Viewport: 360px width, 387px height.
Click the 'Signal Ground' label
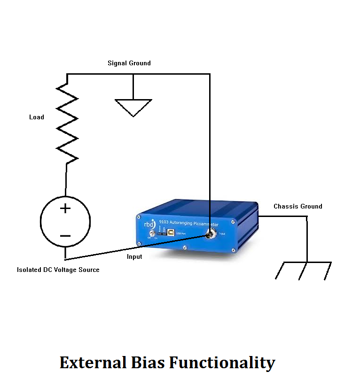pyautogui.click(x=129, y=63)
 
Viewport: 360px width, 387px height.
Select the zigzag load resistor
pyautogui.click(x=67, y=124)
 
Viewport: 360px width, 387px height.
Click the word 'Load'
pyautogui.click(x=37, y=117)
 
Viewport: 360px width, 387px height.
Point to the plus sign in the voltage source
pyautogui.click(x=65, y=209)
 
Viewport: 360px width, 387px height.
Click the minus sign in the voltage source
pyautogui.click(x=65, y=236)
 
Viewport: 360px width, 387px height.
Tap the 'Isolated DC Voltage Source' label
pyautogui.click(x=58, y=270)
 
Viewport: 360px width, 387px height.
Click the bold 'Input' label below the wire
pyautogui.click(x=134, y=257)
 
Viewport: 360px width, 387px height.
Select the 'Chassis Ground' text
pyautogui.click(x=298, y=206)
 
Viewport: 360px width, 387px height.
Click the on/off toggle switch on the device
pyautogui.click(x=153, y=234)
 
